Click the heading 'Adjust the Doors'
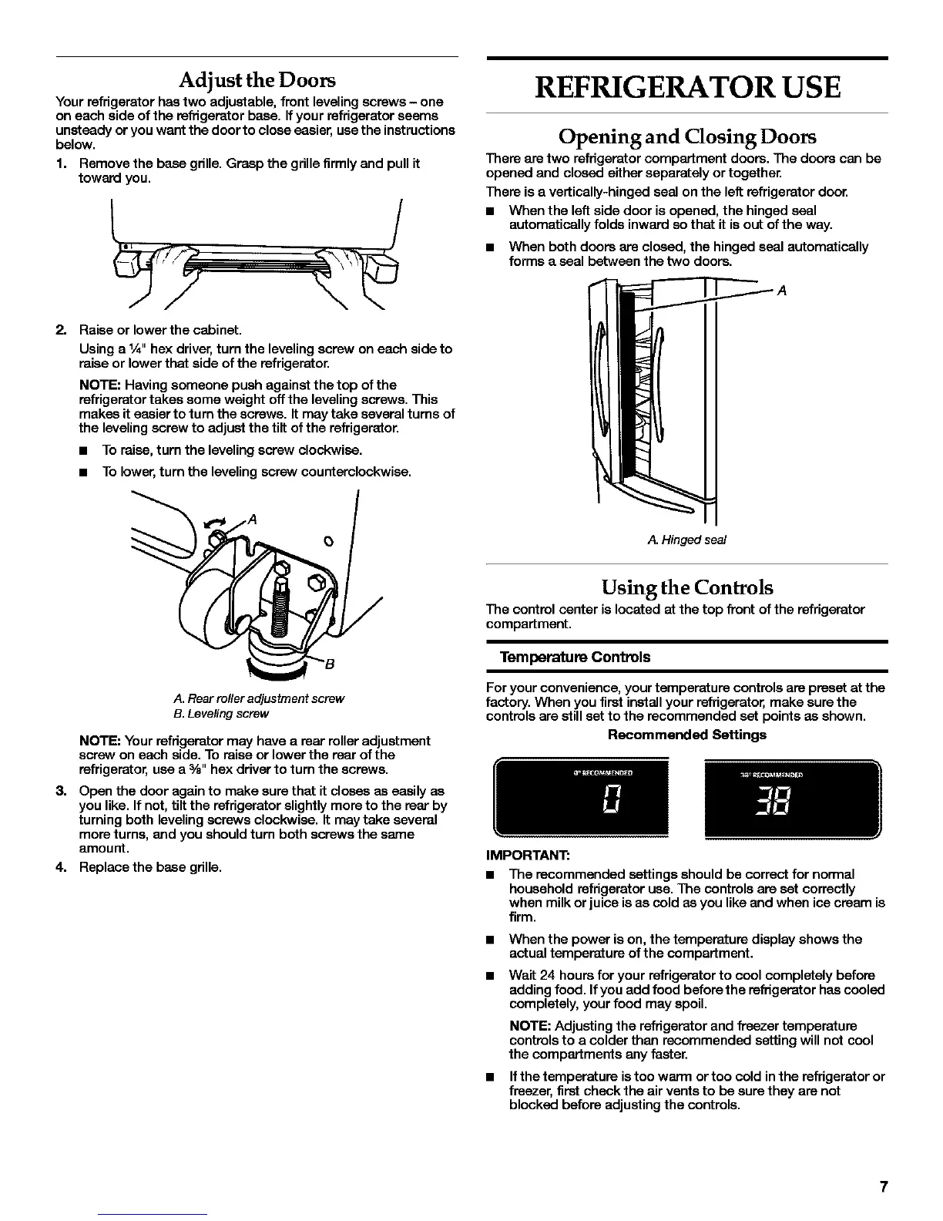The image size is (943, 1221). point(257,80)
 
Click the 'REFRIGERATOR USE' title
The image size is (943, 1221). point(686,86)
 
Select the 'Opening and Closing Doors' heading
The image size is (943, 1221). point(686,137)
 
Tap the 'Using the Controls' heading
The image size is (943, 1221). point(686,587)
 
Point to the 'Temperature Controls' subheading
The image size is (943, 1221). point(575,657)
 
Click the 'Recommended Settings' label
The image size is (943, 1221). point(686,735)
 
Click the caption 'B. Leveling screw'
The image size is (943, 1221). point(221,714)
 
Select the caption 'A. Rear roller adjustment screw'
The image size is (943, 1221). point(259,698)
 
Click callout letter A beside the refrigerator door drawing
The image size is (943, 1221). point(782,291)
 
